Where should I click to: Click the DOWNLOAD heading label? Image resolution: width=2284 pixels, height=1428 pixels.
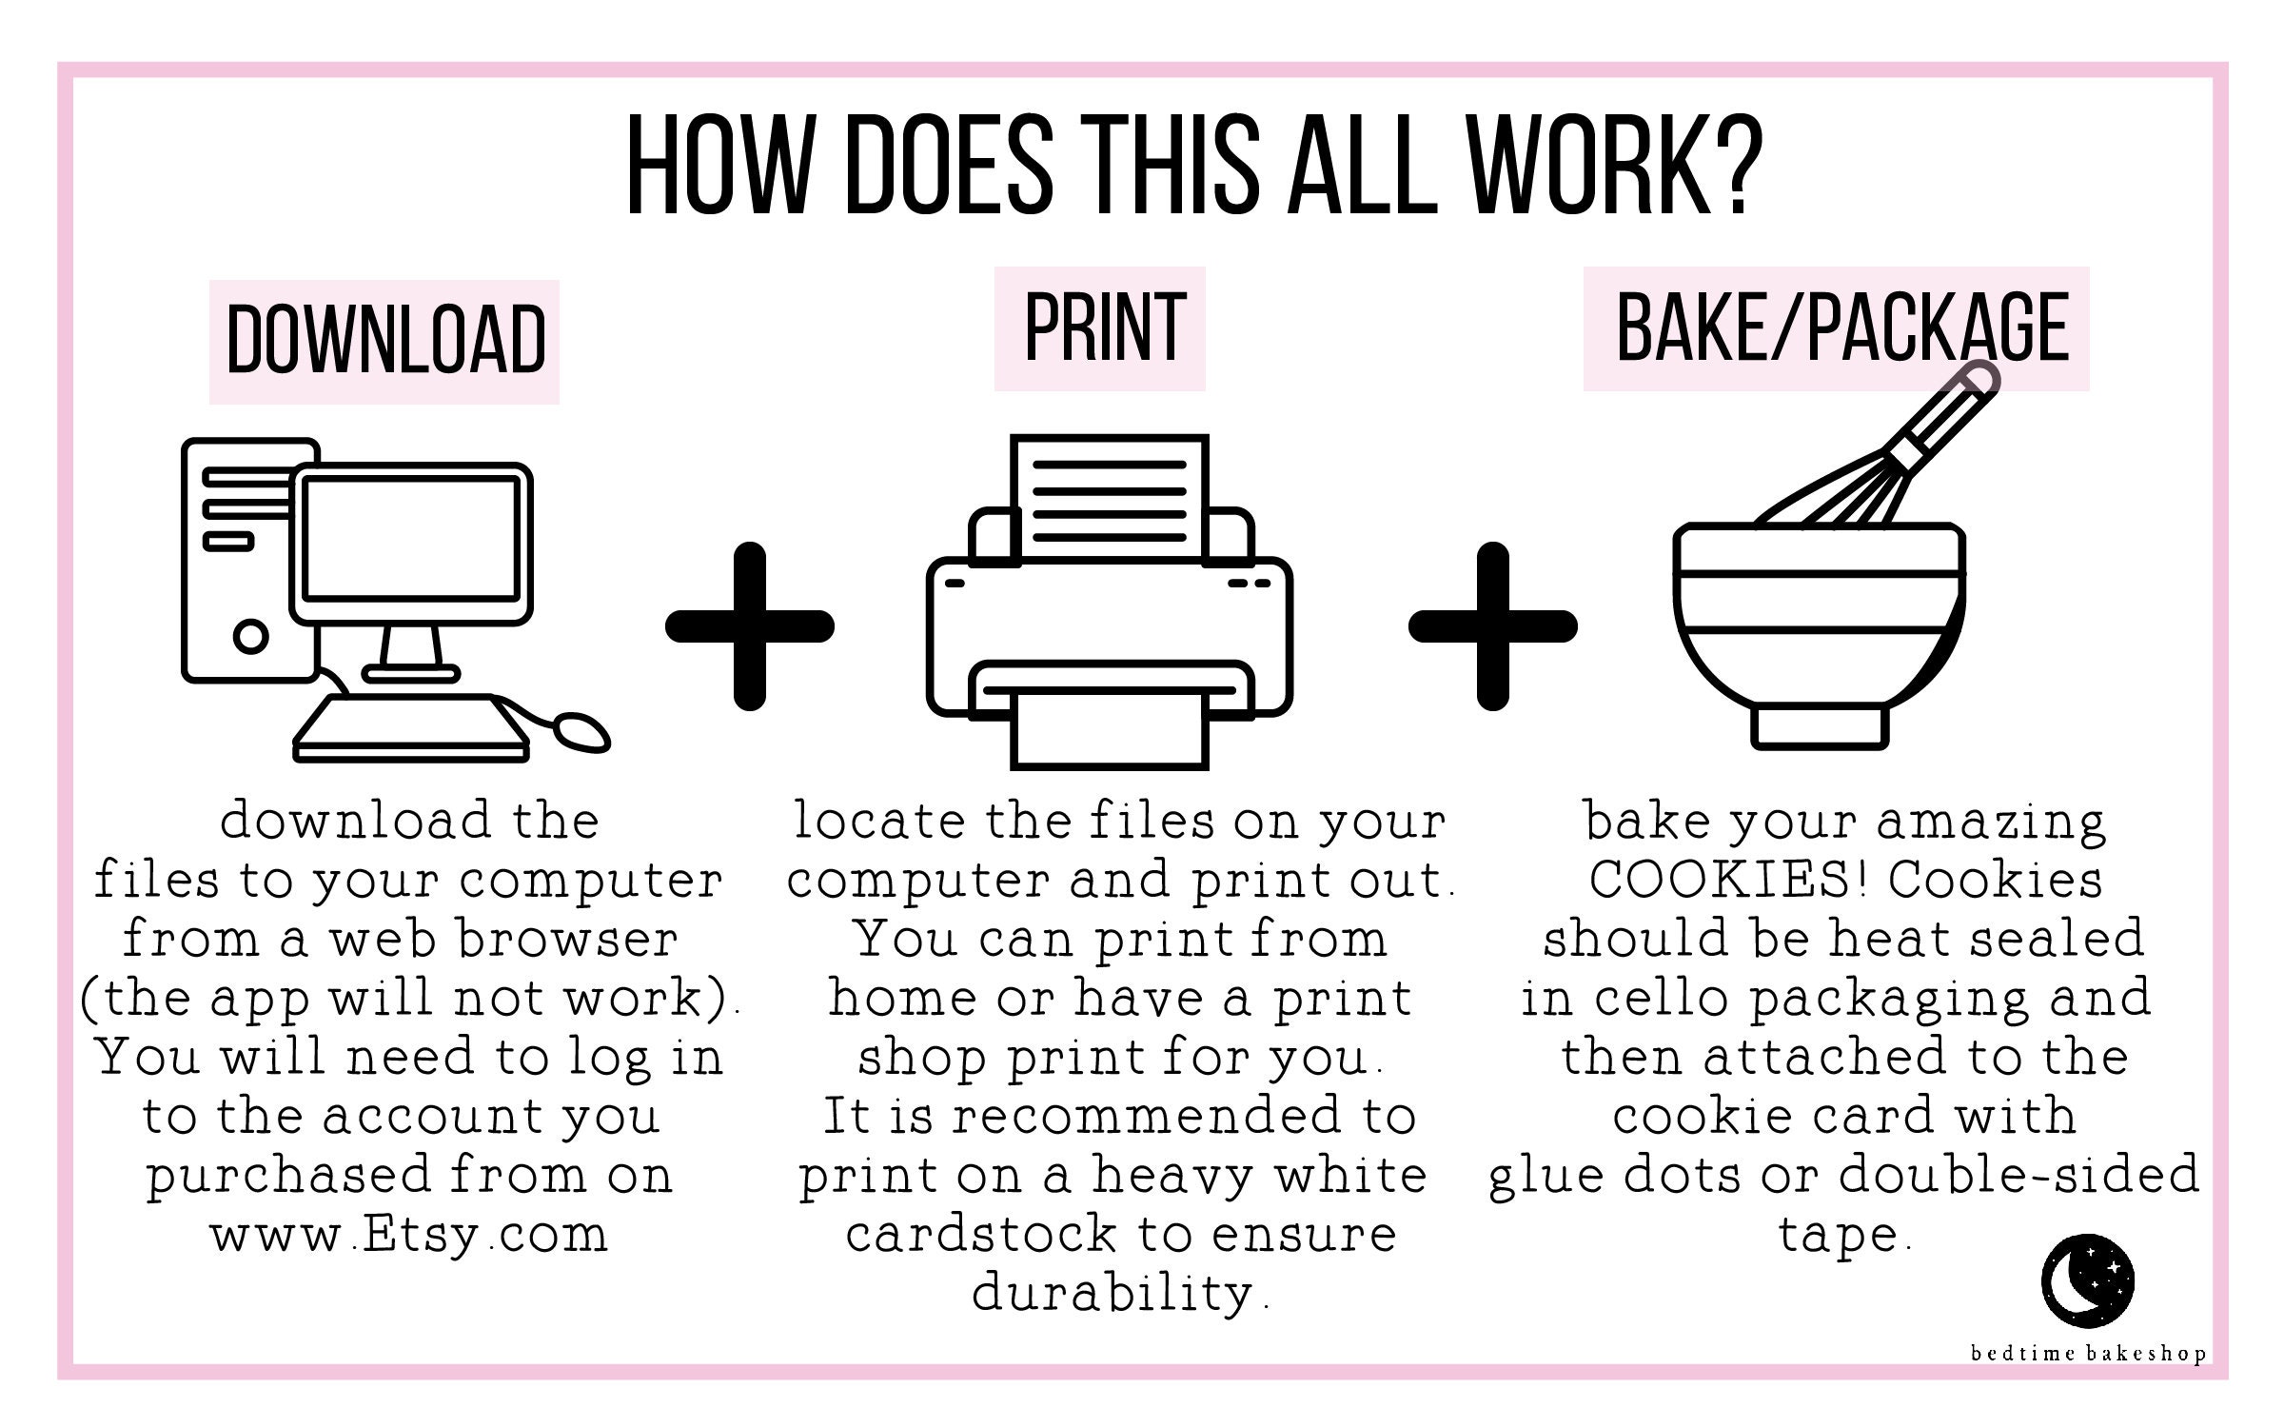[x=384, y=342]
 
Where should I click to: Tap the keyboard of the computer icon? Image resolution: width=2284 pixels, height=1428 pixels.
[x=410, y=728]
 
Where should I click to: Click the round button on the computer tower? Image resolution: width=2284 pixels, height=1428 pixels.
[x=249, y=635]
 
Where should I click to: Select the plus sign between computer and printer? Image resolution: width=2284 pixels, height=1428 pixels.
[x=750, y=626]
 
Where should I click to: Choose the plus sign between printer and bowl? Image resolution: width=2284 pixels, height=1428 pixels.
[x=1493, y=626]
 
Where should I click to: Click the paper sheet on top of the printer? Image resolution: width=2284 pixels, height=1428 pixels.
[x=1110, y=495]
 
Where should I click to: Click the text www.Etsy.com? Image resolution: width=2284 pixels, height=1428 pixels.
[x=409, y=1236]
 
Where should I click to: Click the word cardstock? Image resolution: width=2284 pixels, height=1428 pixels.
[x=980, y=1235]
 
